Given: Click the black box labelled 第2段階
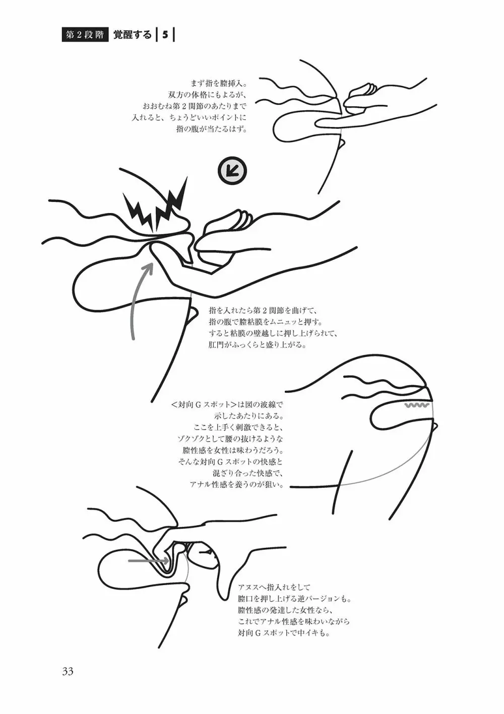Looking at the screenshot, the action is (x=85, y=35).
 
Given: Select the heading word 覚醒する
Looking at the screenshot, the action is (x=133, y=35).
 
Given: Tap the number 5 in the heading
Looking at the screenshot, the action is (x=165, y=35).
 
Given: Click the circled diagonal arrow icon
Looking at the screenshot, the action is (x=233, y=171).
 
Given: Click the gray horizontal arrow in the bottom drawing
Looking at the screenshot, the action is (x=149, y=560).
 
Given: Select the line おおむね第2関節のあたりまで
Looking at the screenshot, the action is (x=195, y=107).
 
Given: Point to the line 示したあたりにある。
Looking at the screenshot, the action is (x=248, y=416).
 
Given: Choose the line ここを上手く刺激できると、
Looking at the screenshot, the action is (x=238, y=427).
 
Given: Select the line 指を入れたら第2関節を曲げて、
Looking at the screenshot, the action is (x=262, y=311).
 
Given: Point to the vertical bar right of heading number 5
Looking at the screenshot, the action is (x=173, y=35).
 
